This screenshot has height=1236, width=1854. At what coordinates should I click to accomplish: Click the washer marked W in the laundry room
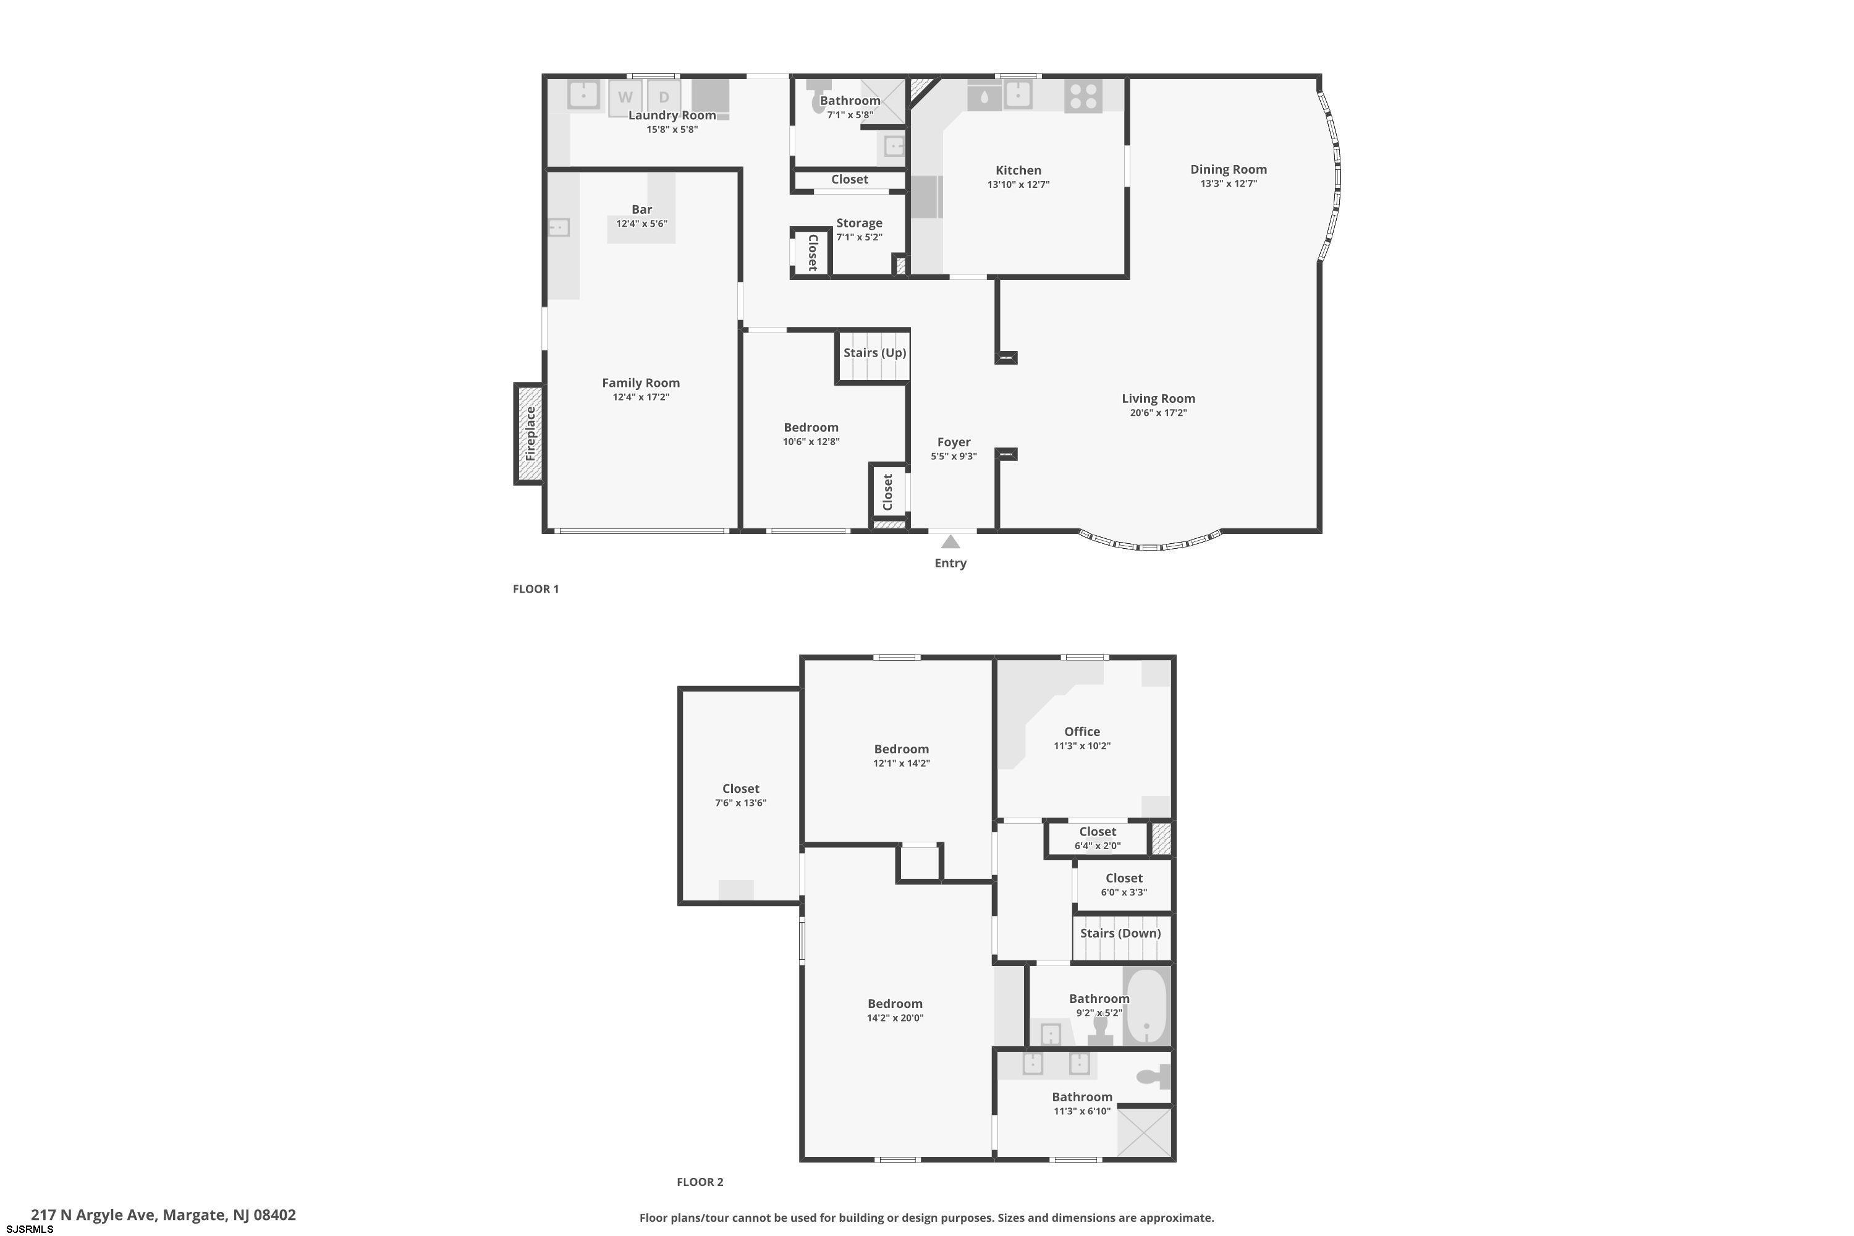[625, 98]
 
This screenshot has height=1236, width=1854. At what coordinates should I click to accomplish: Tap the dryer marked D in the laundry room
[664, 98]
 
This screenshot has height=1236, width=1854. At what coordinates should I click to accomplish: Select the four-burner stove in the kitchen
[1083, 96]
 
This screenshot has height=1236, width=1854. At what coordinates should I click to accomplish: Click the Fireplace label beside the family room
[530, 434]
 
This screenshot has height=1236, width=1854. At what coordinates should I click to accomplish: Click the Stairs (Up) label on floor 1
[875, 352]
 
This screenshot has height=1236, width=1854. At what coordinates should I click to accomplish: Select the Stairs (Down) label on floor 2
[1120, 933]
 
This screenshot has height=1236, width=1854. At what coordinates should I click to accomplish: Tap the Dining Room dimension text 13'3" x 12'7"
[1228, 184]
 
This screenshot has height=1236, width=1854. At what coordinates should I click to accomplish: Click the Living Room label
[1158, 399]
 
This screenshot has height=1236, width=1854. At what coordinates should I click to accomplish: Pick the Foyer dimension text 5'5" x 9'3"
[954, 457]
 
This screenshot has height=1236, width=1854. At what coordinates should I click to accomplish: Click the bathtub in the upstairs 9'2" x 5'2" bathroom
[1146, 1007]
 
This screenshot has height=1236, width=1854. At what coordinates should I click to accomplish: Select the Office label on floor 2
[1082, 732]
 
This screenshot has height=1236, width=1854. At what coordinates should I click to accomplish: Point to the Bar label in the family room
[641, 210]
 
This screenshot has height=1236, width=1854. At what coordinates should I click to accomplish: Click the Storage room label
[859, 223]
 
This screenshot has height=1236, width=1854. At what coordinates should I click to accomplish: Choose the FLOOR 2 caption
[700, 1182]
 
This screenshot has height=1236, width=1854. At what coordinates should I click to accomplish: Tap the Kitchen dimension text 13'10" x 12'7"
[1018, 184]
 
